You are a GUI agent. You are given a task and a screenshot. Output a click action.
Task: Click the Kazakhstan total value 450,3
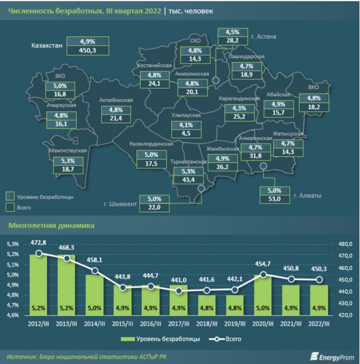point(88,51)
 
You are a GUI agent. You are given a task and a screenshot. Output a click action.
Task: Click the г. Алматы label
point(307,196)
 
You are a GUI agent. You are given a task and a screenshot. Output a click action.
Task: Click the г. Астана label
point(264,36)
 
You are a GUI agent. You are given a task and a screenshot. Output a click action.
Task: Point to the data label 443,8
point(122,277)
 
